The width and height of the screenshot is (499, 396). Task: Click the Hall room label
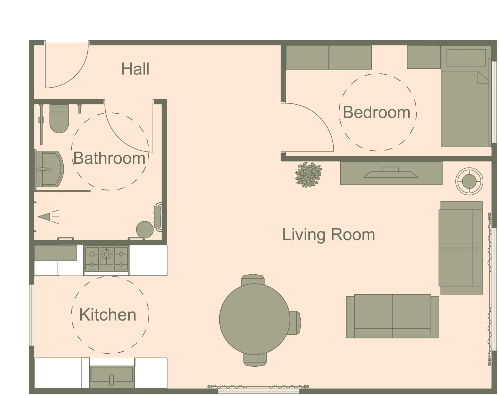(x=135, y=69)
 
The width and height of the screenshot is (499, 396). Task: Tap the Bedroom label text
(x=377, y=112)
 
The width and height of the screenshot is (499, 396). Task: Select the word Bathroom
(x=109, y=159)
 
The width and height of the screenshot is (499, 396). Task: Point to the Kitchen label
(x=108, y=315)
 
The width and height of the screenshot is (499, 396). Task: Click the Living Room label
(x=328, y=234)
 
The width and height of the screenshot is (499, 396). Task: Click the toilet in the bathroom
(x=59, y=119)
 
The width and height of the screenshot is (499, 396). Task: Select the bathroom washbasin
(x=48, y=169)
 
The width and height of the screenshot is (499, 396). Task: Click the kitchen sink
(x=111, y=377)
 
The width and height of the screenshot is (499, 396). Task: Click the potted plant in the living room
(x=309, y=175)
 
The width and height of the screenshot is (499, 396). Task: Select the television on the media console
(x=391, y=173)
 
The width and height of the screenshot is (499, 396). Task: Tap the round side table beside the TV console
(x=469, y=181)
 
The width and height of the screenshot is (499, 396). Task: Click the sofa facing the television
(x=392, y=316)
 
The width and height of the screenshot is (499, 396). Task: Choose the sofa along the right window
(x=460, y=247)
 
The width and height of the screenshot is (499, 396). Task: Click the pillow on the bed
(x=465, y=58)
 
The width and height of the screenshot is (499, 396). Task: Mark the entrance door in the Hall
(x=66, y=65)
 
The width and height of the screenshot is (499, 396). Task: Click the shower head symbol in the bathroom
(x=46, y=216)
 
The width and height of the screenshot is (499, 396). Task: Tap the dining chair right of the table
(x=295, y=323)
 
